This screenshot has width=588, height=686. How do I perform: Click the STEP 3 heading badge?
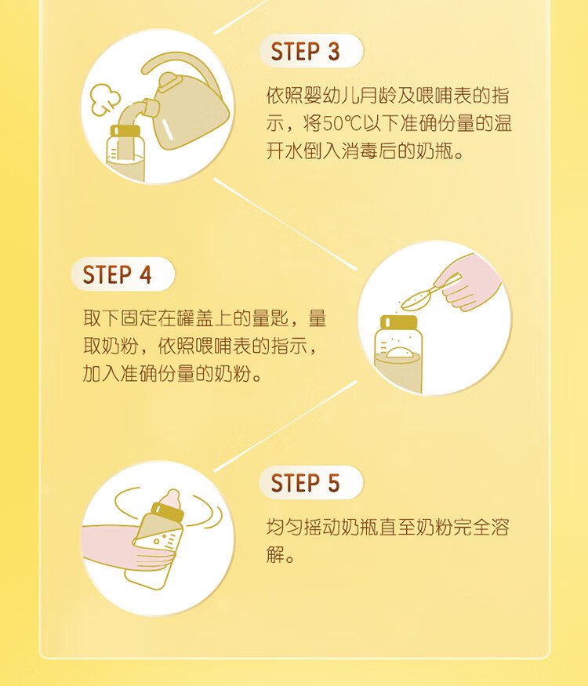(x=311, y=51)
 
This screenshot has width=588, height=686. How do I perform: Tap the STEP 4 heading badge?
(x=123, y=274)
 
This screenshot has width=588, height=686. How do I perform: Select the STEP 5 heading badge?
(x=311, y=483)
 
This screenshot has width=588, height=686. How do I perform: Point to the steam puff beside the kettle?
(x=104, y=98)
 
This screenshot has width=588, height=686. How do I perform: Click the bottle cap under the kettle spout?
(x=125, y=131)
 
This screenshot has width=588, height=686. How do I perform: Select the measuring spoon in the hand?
(x=426, y=293)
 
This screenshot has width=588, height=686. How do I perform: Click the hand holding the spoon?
(x=470, y=282)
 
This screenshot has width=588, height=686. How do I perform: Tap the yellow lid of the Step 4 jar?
(x=398, y=322)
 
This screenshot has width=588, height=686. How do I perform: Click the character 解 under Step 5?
(x=275, y=554)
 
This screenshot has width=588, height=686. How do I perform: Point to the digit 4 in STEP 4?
(x=146, y=275)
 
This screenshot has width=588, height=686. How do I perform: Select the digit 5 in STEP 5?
(x=334, y=484)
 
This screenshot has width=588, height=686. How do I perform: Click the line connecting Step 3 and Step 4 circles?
(x=285, y=224)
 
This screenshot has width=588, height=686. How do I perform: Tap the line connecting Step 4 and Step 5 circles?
(x=285, y=426)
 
